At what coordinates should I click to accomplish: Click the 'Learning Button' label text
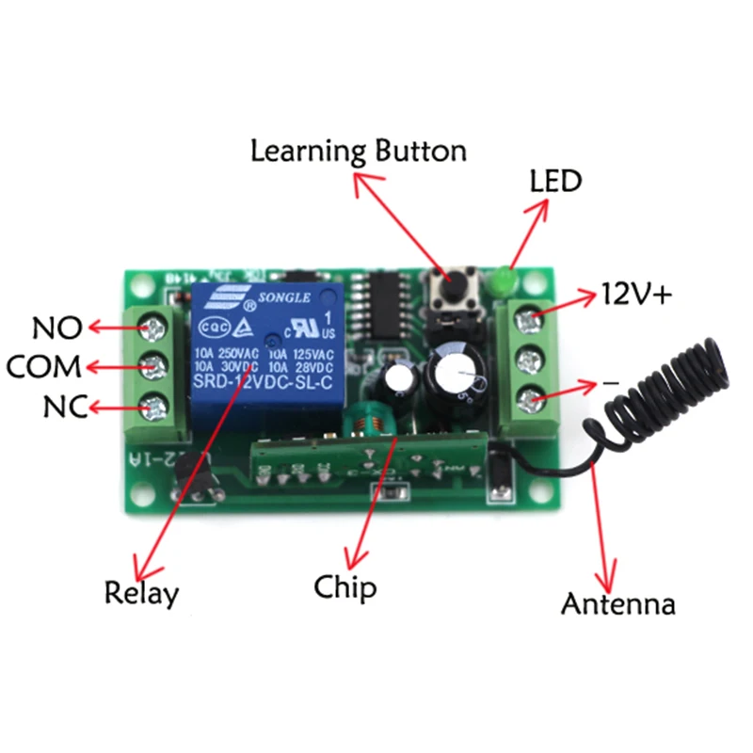coord(358,152)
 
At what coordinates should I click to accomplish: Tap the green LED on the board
coord(501,281)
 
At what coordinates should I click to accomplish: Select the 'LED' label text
coord(556,181)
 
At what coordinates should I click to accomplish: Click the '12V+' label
coord(638,296)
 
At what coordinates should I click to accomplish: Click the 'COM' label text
coord(43,366)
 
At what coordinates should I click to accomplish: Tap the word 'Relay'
coord(141,594)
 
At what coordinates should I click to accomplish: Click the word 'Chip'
coord(345,588)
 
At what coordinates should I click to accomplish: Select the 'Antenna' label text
coord(618,603)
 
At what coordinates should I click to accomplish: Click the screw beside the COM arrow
coord(152,366)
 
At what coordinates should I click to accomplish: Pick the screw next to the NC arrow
coord(152,407)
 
